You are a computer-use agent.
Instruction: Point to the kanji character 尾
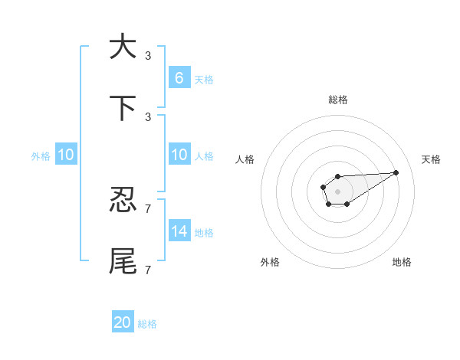(123, 260)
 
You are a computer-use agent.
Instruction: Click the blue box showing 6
(179, 77)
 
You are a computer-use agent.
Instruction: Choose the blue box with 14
(179, 231)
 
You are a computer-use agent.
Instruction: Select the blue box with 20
(123, 322)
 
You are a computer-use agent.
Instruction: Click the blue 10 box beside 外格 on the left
(66, 155)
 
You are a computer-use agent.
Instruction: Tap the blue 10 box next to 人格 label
(179, 155)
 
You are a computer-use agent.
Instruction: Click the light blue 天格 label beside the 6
(204, 79)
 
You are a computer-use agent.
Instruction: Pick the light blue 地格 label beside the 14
(204, 232)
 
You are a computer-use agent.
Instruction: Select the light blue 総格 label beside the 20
(147, 324)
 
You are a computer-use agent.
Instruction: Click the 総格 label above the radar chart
(338, 100)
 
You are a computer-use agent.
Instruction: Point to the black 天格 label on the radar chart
(432, 159)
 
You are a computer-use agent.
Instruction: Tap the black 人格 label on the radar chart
(245, 159)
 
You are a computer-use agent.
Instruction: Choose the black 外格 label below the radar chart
(270, 263)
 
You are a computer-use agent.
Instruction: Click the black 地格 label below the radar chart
(402, 263)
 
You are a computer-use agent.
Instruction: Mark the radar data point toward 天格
(396, 172)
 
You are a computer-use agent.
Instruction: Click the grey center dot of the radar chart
(337, 191)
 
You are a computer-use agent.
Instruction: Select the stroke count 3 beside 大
(148, 55)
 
